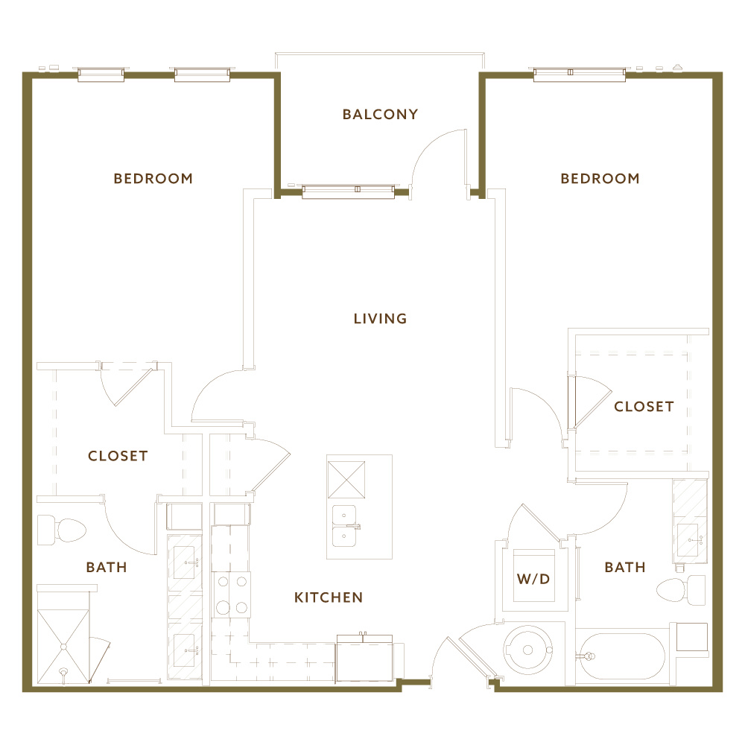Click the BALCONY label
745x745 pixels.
(380, 115)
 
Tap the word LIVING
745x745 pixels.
(380, 318)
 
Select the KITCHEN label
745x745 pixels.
(329, 597)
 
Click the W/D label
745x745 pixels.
(533, 579)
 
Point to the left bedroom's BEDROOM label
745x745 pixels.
(153, 179)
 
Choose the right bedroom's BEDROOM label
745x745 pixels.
(600, 179)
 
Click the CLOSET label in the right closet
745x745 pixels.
(644, 407)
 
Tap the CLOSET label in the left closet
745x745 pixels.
(118, 456)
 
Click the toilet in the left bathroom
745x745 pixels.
(61, 530)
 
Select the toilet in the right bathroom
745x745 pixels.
(681, 590)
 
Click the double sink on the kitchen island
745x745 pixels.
(344, 526)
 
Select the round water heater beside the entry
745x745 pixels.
(527, 650)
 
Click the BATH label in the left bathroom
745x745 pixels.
(107, 567)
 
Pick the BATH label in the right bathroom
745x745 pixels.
(625, 567)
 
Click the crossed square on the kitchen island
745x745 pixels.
(346, 480)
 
